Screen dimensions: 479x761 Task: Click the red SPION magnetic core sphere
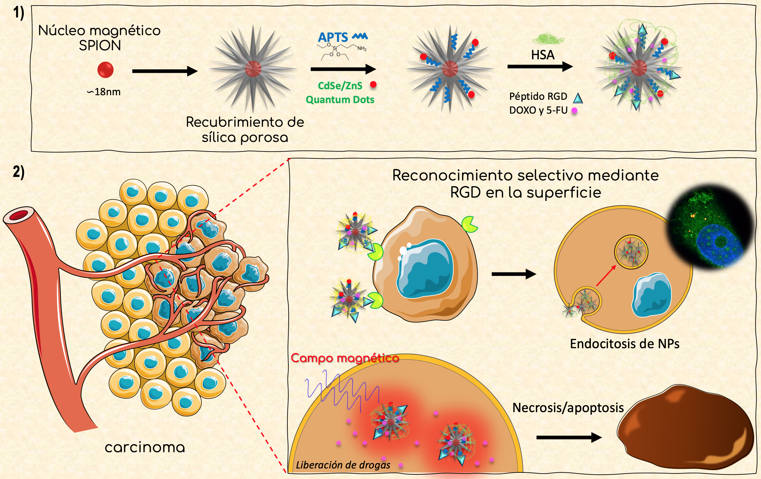pyautogui.click(x=105, y=70)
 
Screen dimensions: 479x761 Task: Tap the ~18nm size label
pyautogui.click(x=104, y=92)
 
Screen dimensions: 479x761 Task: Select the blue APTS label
pyautogui.click(x=333, y=37)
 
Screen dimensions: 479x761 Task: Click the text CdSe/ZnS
pyautogui.click(x=340, y=86)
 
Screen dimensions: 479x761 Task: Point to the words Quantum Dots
pyautogui.click(x=340, y=100)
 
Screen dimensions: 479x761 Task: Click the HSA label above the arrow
pyautogui.click(x=543, y=55)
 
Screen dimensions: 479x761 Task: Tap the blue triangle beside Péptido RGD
pyautogui.click(x=578, y=98)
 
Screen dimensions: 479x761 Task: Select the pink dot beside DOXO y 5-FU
pyautogui.click(x=574, y=111)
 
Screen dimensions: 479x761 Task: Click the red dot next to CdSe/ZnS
pyautogui.click(x=373, y=85)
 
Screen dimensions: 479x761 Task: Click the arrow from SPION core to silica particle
pyautogui.click(x=164, y=71)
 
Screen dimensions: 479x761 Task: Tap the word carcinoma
pyautogui.click(x=145, y=447)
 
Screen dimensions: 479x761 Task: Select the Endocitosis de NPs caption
pyautogui.click(x=624, y=344)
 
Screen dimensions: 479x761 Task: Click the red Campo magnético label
pyautogui.click(x=345, y=358)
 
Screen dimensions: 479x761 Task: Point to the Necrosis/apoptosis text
pyautogui.click(x=568, y=408)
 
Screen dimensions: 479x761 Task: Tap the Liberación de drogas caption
pyautogui.click(x=343, y=465)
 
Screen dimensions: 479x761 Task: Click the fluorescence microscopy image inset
pyautogui.click(x=711, y=227)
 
